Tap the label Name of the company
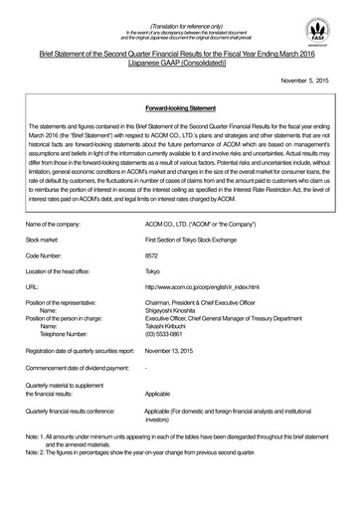pos(59,227)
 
